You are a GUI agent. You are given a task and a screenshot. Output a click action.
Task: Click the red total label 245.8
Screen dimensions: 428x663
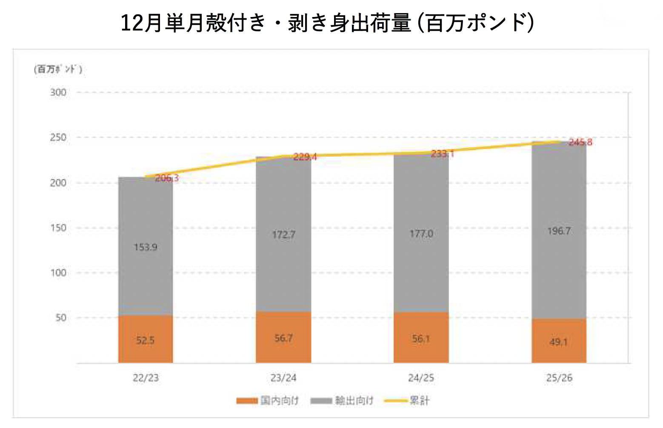(x=580, y=142)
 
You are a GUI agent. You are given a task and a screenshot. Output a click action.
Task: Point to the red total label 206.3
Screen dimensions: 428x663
(x=167, y=178)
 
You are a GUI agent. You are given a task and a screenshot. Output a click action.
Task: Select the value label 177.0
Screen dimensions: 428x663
(x=421, y=234)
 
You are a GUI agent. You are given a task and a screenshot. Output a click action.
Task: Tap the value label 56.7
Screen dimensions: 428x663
(x=283, y=338)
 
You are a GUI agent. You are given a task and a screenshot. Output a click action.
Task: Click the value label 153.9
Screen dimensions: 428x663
(x=146, y=247)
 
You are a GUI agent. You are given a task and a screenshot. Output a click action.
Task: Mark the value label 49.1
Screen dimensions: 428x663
(x=558, y=342)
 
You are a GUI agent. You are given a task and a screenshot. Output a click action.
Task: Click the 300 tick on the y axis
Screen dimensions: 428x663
(x=58, y=92)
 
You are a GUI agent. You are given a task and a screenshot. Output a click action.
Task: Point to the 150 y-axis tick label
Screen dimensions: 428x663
(x=58, y=228)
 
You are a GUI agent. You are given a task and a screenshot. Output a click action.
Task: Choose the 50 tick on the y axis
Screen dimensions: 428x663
(x=61, y=318)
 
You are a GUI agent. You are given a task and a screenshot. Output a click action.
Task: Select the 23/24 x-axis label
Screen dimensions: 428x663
(x=283, y=378)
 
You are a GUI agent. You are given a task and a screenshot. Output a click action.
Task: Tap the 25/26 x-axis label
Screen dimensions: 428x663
(x=559, y=378)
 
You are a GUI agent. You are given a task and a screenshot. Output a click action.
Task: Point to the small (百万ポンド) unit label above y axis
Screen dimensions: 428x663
(x=58, y=69)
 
